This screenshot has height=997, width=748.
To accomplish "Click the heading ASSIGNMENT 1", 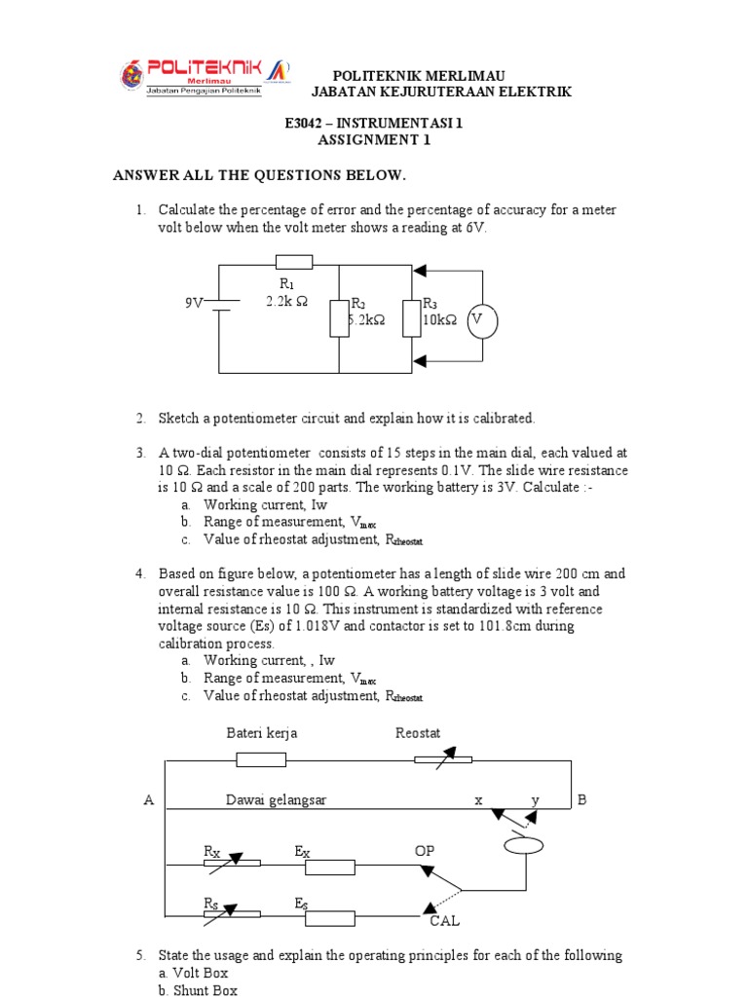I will [374, 140].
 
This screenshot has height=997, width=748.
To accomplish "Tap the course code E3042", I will [309, 124].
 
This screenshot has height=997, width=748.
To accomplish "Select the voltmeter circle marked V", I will [477, 319].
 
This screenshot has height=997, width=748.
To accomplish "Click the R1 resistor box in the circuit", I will [293, 261].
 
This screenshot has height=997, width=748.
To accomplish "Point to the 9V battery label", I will [195, 303].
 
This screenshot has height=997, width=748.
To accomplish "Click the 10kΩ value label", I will [439, 319].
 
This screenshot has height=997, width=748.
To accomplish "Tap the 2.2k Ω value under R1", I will [286, 302].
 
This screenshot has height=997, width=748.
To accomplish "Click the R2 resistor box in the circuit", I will [339, 318].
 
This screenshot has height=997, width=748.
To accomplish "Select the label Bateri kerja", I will [262, 733].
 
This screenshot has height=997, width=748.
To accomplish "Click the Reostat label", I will [418, 733].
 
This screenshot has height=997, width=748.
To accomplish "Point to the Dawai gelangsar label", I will [277, 800].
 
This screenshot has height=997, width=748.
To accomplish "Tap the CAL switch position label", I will [438, 920].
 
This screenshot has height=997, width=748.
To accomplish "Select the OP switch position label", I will [425, 851].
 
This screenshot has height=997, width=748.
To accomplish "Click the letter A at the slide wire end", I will [149, 800].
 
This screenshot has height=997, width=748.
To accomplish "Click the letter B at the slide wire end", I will [582, 800].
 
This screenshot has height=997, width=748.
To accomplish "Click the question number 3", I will [140, 453].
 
